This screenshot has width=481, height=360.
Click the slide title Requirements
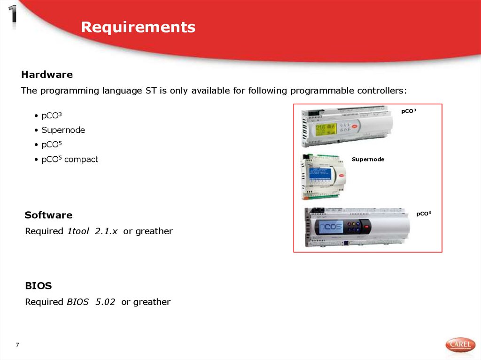(x=138, y=27)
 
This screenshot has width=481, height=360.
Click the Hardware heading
(x=47, y=75)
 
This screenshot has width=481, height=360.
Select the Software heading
(x=48, y=215)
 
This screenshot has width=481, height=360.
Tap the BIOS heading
(x=38, y=285)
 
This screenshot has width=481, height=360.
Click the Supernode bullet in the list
(x=63, y=130)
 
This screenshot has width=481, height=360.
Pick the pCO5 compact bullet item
(x=70, y=159)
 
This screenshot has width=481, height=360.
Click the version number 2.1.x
(x=106, y=231)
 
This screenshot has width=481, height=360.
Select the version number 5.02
(x=105, y=302)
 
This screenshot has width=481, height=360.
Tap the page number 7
(x=17, y=345)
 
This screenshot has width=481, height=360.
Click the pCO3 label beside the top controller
(x=409, y=111)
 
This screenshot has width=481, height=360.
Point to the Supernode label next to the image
(x=368, y=160)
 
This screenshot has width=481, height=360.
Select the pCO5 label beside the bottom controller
(x=423, y=214)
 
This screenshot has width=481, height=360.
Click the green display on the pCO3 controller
(x=326, y=129)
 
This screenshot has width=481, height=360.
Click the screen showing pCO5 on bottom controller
(x=331, y=228)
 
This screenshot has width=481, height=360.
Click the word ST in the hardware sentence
(x=151, y=91)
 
